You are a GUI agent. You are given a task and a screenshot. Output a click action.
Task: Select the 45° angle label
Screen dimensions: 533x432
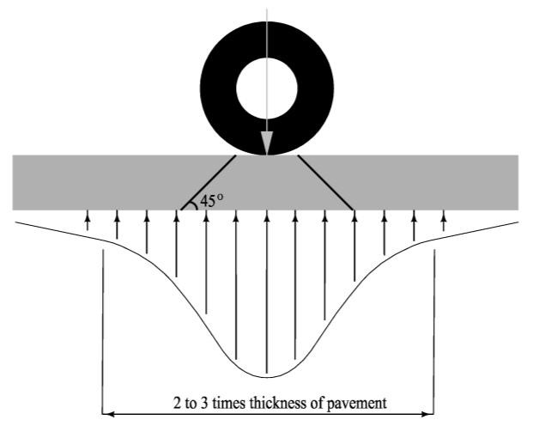[x=210, y=202]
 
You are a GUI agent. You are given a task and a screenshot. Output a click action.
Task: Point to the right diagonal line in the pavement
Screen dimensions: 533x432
[x=326, y=183]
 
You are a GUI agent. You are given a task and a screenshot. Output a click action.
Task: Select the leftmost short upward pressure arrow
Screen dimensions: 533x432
[x=87, y=221]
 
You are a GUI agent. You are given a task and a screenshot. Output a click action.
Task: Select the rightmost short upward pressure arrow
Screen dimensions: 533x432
[x=444, y=221]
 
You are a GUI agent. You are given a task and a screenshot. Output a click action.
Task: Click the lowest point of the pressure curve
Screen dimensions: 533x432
[x=266, y=376]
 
